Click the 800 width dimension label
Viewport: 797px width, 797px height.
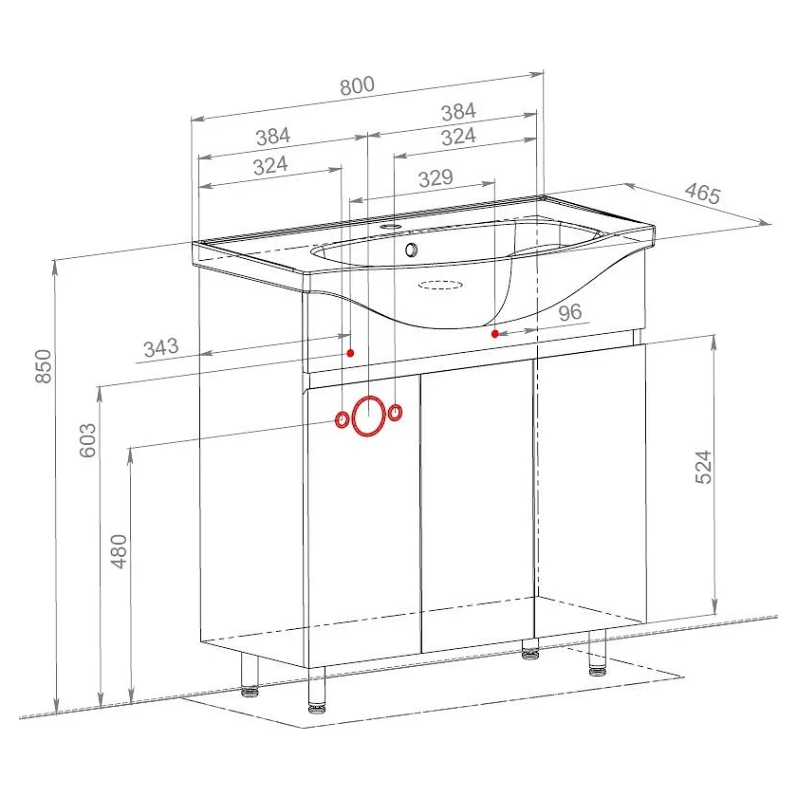coord(357,85)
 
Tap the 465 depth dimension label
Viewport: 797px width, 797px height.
coord(702,194)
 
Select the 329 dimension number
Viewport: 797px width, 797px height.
coord(436,178)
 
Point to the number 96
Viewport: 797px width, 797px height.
coord(570,312)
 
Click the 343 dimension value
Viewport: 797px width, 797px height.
coord(161,348)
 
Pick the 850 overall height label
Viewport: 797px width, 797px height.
coord(44,366)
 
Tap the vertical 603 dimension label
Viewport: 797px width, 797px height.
coord(87,440)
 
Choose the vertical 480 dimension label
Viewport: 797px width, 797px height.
coord(119,551)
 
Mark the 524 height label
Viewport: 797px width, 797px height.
coord(703,467)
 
